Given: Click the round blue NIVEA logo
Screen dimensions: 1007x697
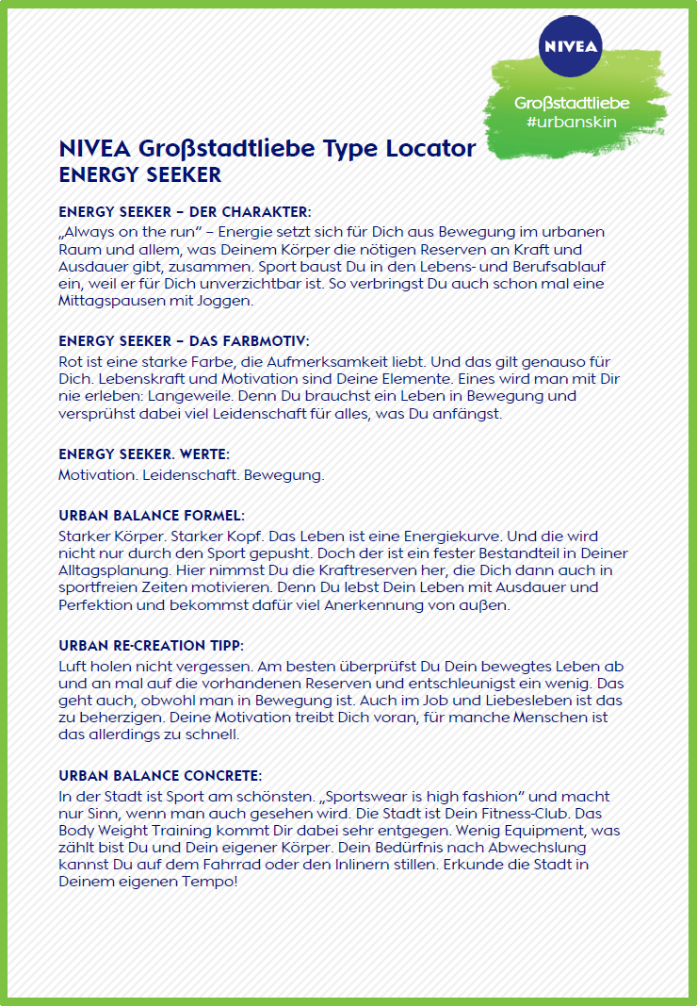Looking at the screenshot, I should pos(571,44).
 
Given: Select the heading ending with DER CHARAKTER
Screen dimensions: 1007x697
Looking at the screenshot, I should pos(185,212).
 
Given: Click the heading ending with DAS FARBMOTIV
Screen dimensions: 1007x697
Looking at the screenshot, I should pos(184,340).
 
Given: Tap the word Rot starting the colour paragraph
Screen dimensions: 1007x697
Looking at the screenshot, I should pos(72,361).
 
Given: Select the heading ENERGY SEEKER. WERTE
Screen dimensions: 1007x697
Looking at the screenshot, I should pos(144,454).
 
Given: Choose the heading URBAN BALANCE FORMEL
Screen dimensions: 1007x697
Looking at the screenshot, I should pos(152,516).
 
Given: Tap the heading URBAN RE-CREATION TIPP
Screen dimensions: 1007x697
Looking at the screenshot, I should pos(152,646).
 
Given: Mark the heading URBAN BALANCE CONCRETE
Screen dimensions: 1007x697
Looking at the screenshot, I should pos(160,775).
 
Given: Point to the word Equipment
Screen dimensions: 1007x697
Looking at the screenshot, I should pos(528,831).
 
